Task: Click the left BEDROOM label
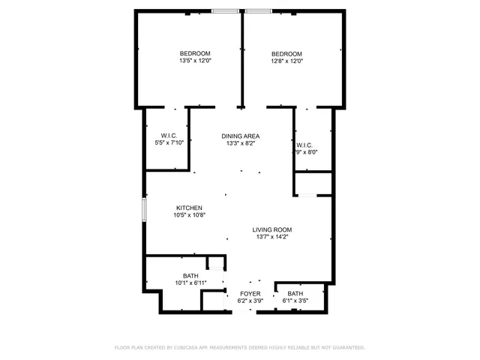[194, 53]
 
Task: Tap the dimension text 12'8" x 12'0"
[286, 61]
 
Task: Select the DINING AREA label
[241, 136]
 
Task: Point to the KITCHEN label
[189, 208]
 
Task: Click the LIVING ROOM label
[271, 229]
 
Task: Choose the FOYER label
[250, 293]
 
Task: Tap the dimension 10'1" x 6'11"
[190, 283]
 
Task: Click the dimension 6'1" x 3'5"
[295, 301]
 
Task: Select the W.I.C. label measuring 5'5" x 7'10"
[169, 136]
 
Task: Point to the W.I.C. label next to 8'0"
[304, 145]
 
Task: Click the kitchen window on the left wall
[145, 209]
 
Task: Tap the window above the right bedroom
[259, 10]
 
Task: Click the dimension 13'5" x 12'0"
[194, 61]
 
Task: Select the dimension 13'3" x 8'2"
[241, 143]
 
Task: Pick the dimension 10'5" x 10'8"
[189, 215]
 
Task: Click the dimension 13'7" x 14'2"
[271, 237]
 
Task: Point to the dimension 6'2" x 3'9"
[250, 301]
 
